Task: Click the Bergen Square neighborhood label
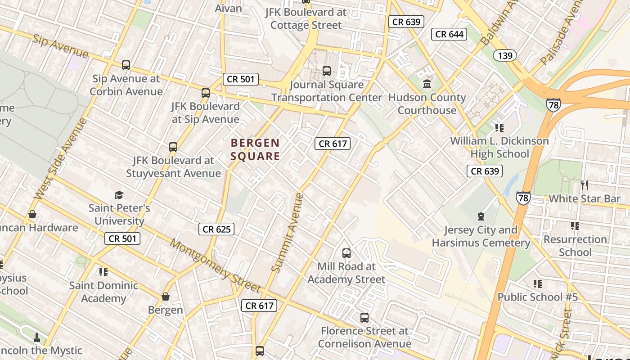255,149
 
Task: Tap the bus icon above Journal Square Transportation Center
327,71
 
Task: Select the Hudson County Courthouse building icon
427,84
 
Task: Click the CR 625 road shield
216,229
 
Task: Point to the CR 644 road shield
449,34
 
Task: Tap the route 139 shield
505,55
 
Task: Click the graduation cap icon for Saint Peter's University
119,195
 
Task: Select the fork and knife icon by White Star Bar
584,185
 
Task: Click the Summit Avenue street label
288,232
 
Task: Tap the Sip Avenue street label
60,45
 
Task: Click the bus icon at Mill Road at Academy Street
346,253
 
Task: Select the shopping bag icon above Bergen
166,297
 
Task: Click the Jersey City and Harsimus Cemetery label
481,236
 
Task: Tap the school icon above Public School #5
537,283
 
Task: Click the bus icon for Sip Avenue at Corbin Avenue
126,65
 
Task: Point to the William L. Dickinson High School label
499,147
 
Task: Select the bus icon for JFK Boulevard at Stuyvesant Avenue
173,147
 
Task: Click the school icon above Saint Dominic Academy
103,272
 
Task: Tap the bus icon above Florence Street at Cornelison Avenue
364,317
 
